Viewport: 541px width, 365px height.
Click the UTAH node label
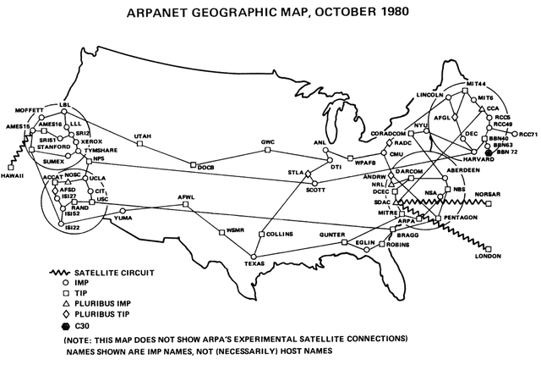click(143, 136)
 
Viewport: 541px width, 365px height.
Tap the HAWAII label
click(14, 175)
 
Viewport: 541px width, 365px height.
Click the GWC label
click(268, 141)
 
